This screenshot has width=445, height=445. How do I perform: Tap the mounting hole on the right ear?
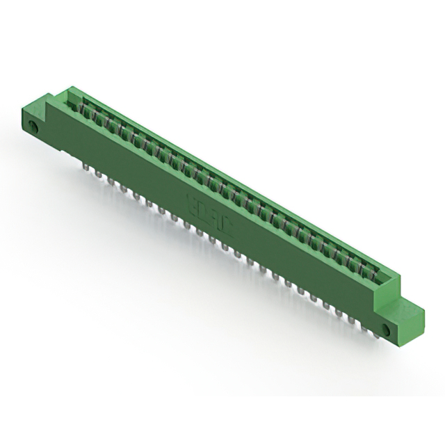(388, 328)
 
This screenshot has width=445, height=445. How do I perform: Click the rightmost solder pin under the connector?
(375, 332)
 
